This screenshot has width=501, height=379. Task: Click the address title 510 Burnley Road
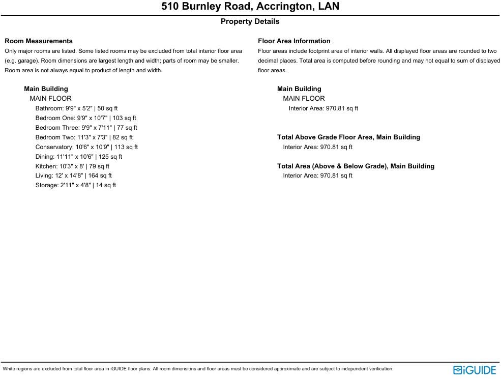(x=250, y=7)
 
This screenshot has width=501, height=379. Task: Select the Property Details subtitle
(x=250, y=21)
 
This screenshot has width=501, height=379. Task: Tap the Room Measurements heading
(x=39, y=41)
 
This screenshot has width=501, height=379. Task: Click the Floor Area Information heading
(x=294, y=41)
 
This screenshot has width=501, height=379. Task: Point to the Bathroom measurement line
(x=76, y=108)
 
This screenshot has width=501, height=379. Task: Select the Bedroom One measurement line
(x=85, y=118)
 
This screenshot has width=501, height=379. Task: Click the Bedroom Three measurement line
(x=86, y=128)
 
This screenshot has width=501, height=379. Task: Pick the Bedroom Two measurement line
(x=84, y=137)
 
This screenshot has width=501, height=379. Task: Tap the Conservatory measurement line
(x=86, y=147)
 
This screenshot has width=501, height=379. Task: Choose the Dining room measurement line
(x=79, y=157)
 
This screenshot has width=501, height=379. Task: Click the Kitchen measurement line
(x=72, y=166)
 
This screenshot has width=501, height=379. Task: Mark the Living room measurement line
(x=74, y=176)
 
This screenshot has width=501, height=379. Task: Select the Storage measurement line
(x=76, y=185)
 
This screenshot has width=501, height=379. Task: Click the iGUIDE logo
(x=475, y=370)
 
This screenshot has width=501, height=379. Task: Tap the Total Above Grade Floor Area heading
(x=348, y=137)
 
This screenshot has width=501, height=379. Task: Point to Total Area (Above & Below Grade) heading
(x=356, y=166)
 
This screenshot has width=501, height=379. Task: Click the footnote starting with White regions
(x=198, y=369)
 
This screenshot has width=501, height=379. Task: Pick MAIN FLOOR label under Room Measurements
(x=50, y=99)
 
